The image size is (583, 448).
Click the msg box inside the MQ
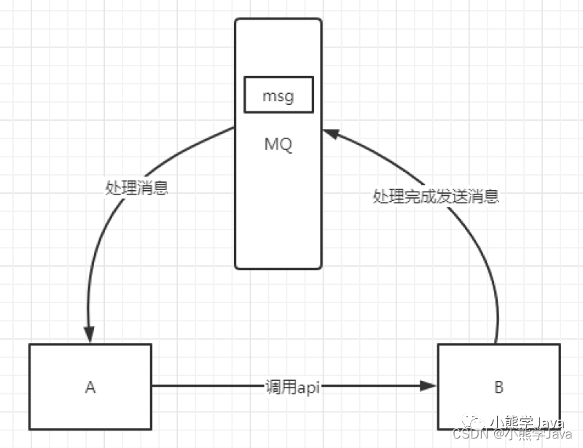pyautogui.click(x=278, y=95)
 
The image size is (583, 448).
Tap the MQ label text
pyautogui.click(x=278, y=144)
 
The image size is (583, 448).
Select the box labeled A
pyautogui.click(x=90, y=387)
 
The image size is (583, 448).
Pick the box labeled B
pyautogui.click(x=498, y=387)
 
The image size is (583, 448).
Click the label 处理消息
pyautogui.click(x=137, y=188)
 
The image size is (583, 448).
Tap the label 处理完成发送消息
pyautogui.click(x=436, y=197)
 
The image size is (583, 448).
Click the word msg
pyautogui.click(x=278, y=95)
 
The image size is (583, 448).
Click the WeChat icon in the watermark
pyautogui.click(x=476, y=420)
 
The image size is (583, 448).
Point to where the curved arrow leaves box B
pyautogui.click(x=496, y=343)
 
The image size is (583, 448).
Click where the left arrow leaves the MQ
pyautogui.click(x=235, y=128)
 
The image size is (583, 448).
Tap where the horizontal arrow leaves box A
pyautogui.click(x=153, y=387)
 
